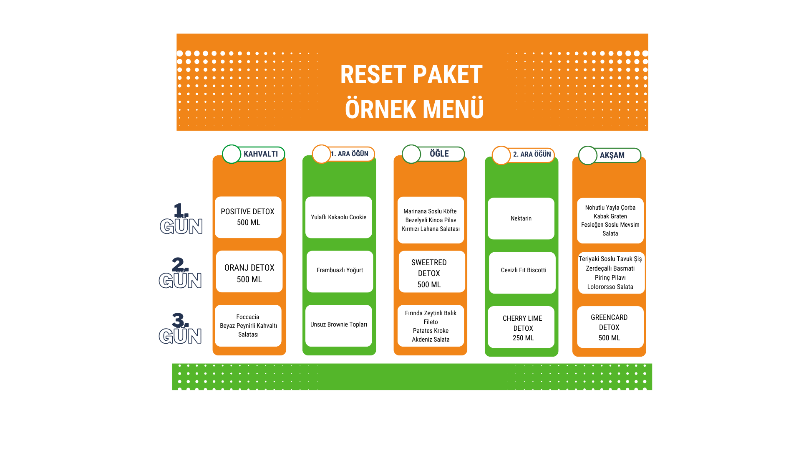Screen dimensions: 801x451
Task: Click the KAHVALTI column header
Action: pyautogui.click(x=254, y=154)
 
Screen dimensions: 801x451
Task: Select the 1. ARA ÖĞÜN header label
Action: pyautogui.click(x=343, y=154)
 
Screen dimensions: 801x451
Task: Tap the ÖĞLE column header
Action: pyautogui.click(x=433, y=154)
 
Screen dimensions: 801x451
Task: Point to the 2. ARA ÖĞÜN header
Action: pyautogui.click(x=523, y=155)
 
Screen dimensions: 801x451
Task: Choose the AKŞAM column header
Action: pyautogui.click(x=610, y=155)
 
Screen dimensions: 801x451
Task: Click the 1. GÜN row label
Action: pyautogui.click(x=181, y=218)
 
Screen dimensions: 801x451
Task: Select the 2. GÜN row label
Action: pyautogui.click(x=180, y=273)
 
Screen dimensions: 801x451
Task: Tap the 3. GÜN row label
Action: pyautogui.click(x=180, y=328)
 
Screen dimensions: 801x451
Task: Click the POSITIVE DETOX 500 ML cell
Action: pyautogui.click(x=248, y=217)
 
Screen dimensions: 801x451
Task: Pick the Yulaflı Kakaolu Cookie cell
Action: pyautogui.click(x=339, y=217)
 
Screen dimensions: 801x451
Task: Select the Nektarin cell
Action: pyautogui.click(x=521, y=218)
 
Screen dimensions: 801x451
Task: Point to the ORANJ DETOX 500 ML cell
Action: pyautogui.click(x=249, y=271)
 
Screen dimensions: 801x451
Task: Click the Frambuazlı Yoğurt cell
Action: pyautogui.click(x=340, y=271)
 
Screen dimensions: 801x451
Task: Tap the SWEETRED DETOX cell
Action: pyautogui.click(x=432, y=271)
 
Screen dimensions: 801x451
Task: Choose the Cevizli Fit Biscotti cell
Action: pyautogui.click(x=522, y=273)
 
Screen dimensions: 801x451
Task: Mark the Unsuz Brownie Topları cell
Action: pyautogui.click(x=339, y=326)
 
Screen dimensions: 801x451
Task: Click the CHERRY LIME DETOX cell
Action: pyautogui.click(x=521, y=327)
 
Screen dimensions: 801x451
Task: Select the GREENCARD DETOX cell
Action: pyautogui.click(x=610, y=327)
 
